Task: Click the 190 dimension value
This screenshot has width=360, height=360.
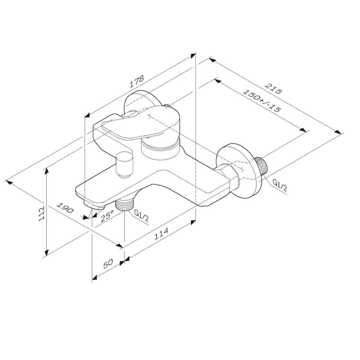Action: (x=65, y=208)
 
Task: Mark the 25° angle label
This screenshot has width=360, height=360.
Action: (x=107, y=216)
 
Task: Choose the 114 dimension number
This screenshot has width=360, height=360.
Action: (x=161, y=233)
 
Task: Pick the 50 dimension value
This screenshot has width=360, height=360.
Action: (x=108, y=264)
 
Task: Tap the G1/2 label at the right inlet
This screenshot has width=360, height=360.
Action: (x=279, y=184)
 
